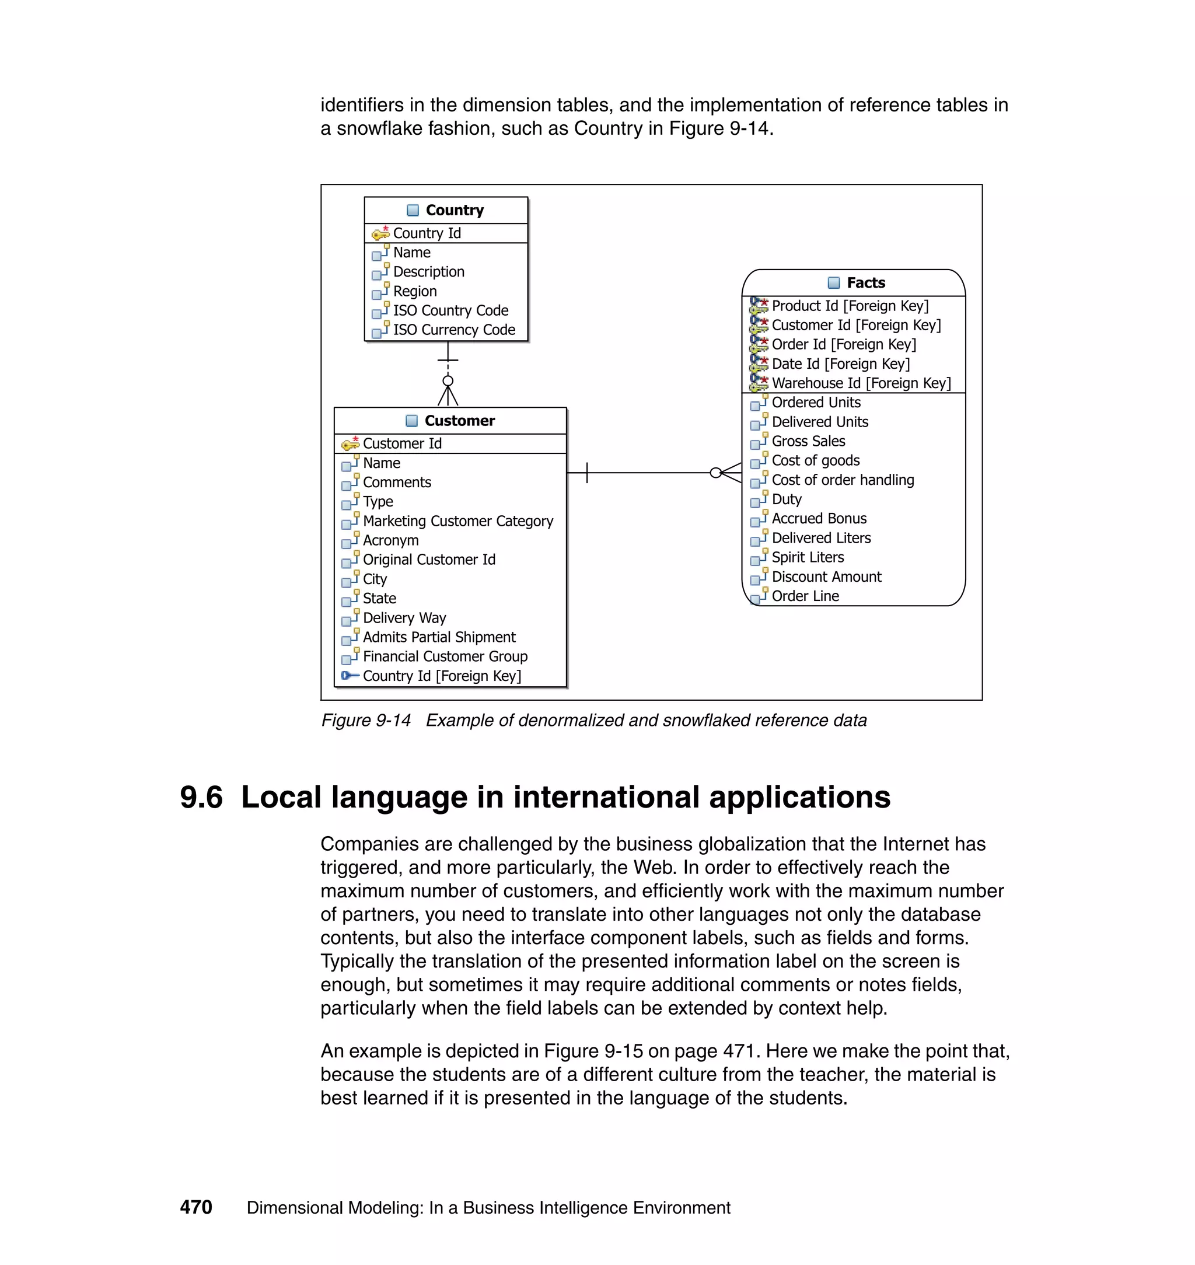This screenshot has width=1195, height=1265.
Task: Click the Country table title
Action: pos(454,210)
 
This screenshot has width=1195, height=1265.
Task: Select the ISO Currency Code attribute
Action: pos(453,330)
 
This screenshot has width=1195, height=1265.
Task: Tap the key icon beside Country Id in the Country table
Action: pos(380,233)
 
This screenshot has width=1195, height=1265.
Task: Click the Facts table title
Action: pos(865,283)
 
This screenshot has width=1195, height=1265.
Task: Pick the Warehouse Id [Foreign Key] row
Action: pos(861,383)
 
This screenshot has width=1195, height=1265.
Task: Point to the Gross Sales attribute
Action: pos(808,442)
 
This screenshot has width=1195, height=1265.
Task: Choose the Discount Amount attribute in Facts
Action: pos(826,577)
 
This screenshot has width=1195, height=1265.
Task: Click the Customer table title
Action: pos(459,421)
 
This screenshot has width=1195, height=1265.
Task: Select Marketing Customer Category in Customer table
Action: pos(457,522)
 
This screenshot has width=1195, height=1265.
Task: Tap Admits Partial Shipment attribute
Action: pos(439,638)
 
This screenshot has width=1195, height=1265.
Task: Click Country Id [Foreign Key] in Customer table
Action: pos(442,676)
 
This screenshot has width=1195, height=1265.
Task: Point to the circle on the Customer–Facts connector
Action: pos(716,473)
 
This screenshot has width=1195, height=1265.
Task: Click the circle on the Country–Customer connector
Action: pos(448,381)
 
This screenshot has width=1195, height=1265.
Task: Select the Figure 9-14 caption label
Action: pos(366,721)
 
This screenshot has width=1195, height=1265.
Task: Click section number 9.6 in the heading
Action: pos(201,798)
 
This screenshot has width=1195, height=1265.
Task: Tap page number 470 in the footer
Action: pos(196,1208)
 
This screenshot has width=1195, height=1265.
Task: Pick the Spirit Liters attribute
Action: pos(807,558)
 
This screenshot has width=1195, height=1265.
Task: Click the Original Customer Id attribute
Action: pos(429,560)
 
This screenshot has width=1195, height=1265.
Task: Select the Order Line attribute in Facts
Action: pos(805,596)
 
